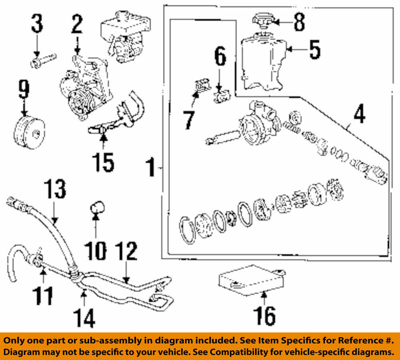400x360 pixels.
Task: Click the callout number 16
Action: pos(264,316)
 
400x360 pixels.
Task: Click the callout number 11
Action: pos(42,296)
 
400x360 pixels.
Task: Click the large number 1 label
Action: pos(150,168)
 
